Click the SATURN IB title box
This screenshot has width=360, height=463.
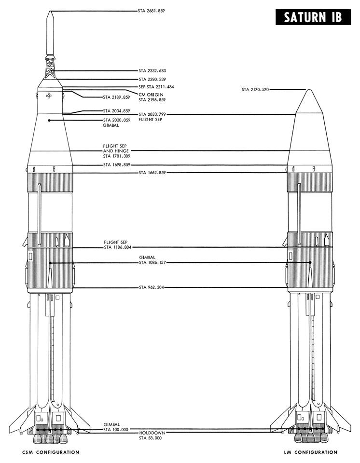313,17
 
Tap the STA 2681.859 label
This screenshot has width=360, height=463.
152,11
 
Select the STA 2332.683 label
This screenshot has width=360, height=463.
152,71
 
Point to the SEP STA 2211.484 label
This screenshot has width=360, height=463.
156,87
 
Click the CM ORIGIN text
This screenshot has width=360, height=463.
151,95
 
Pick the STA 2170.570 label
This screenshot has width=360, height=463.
255,90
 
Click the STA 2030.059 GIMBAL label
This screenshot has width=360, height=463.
116,123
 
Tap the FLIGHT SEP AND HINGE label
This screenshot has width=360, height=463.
116,151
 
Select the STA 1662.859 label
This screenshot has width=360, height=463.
152,173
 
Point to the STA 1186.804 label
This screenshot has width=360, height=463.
118,247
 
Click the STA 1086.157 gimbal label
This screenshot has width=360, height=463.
152,260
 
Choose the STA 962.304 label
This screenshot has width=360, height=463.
152,287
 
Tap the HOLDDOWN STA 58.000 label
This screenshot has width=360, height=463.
152,435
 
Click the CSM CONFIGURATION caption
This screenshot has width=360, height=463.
51,452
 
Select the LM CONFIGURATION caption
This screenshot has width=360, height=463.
311,452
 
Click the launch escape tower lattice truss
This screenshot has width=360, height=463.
51,67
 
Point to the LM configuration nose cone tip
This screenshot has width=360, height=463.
309,90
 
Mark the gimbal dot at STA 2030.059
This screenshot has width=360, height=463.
49,121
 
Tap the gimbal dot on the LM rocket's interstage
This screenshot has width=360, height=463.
310,262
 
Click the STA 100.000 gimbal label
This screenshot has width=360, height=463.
116,427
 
